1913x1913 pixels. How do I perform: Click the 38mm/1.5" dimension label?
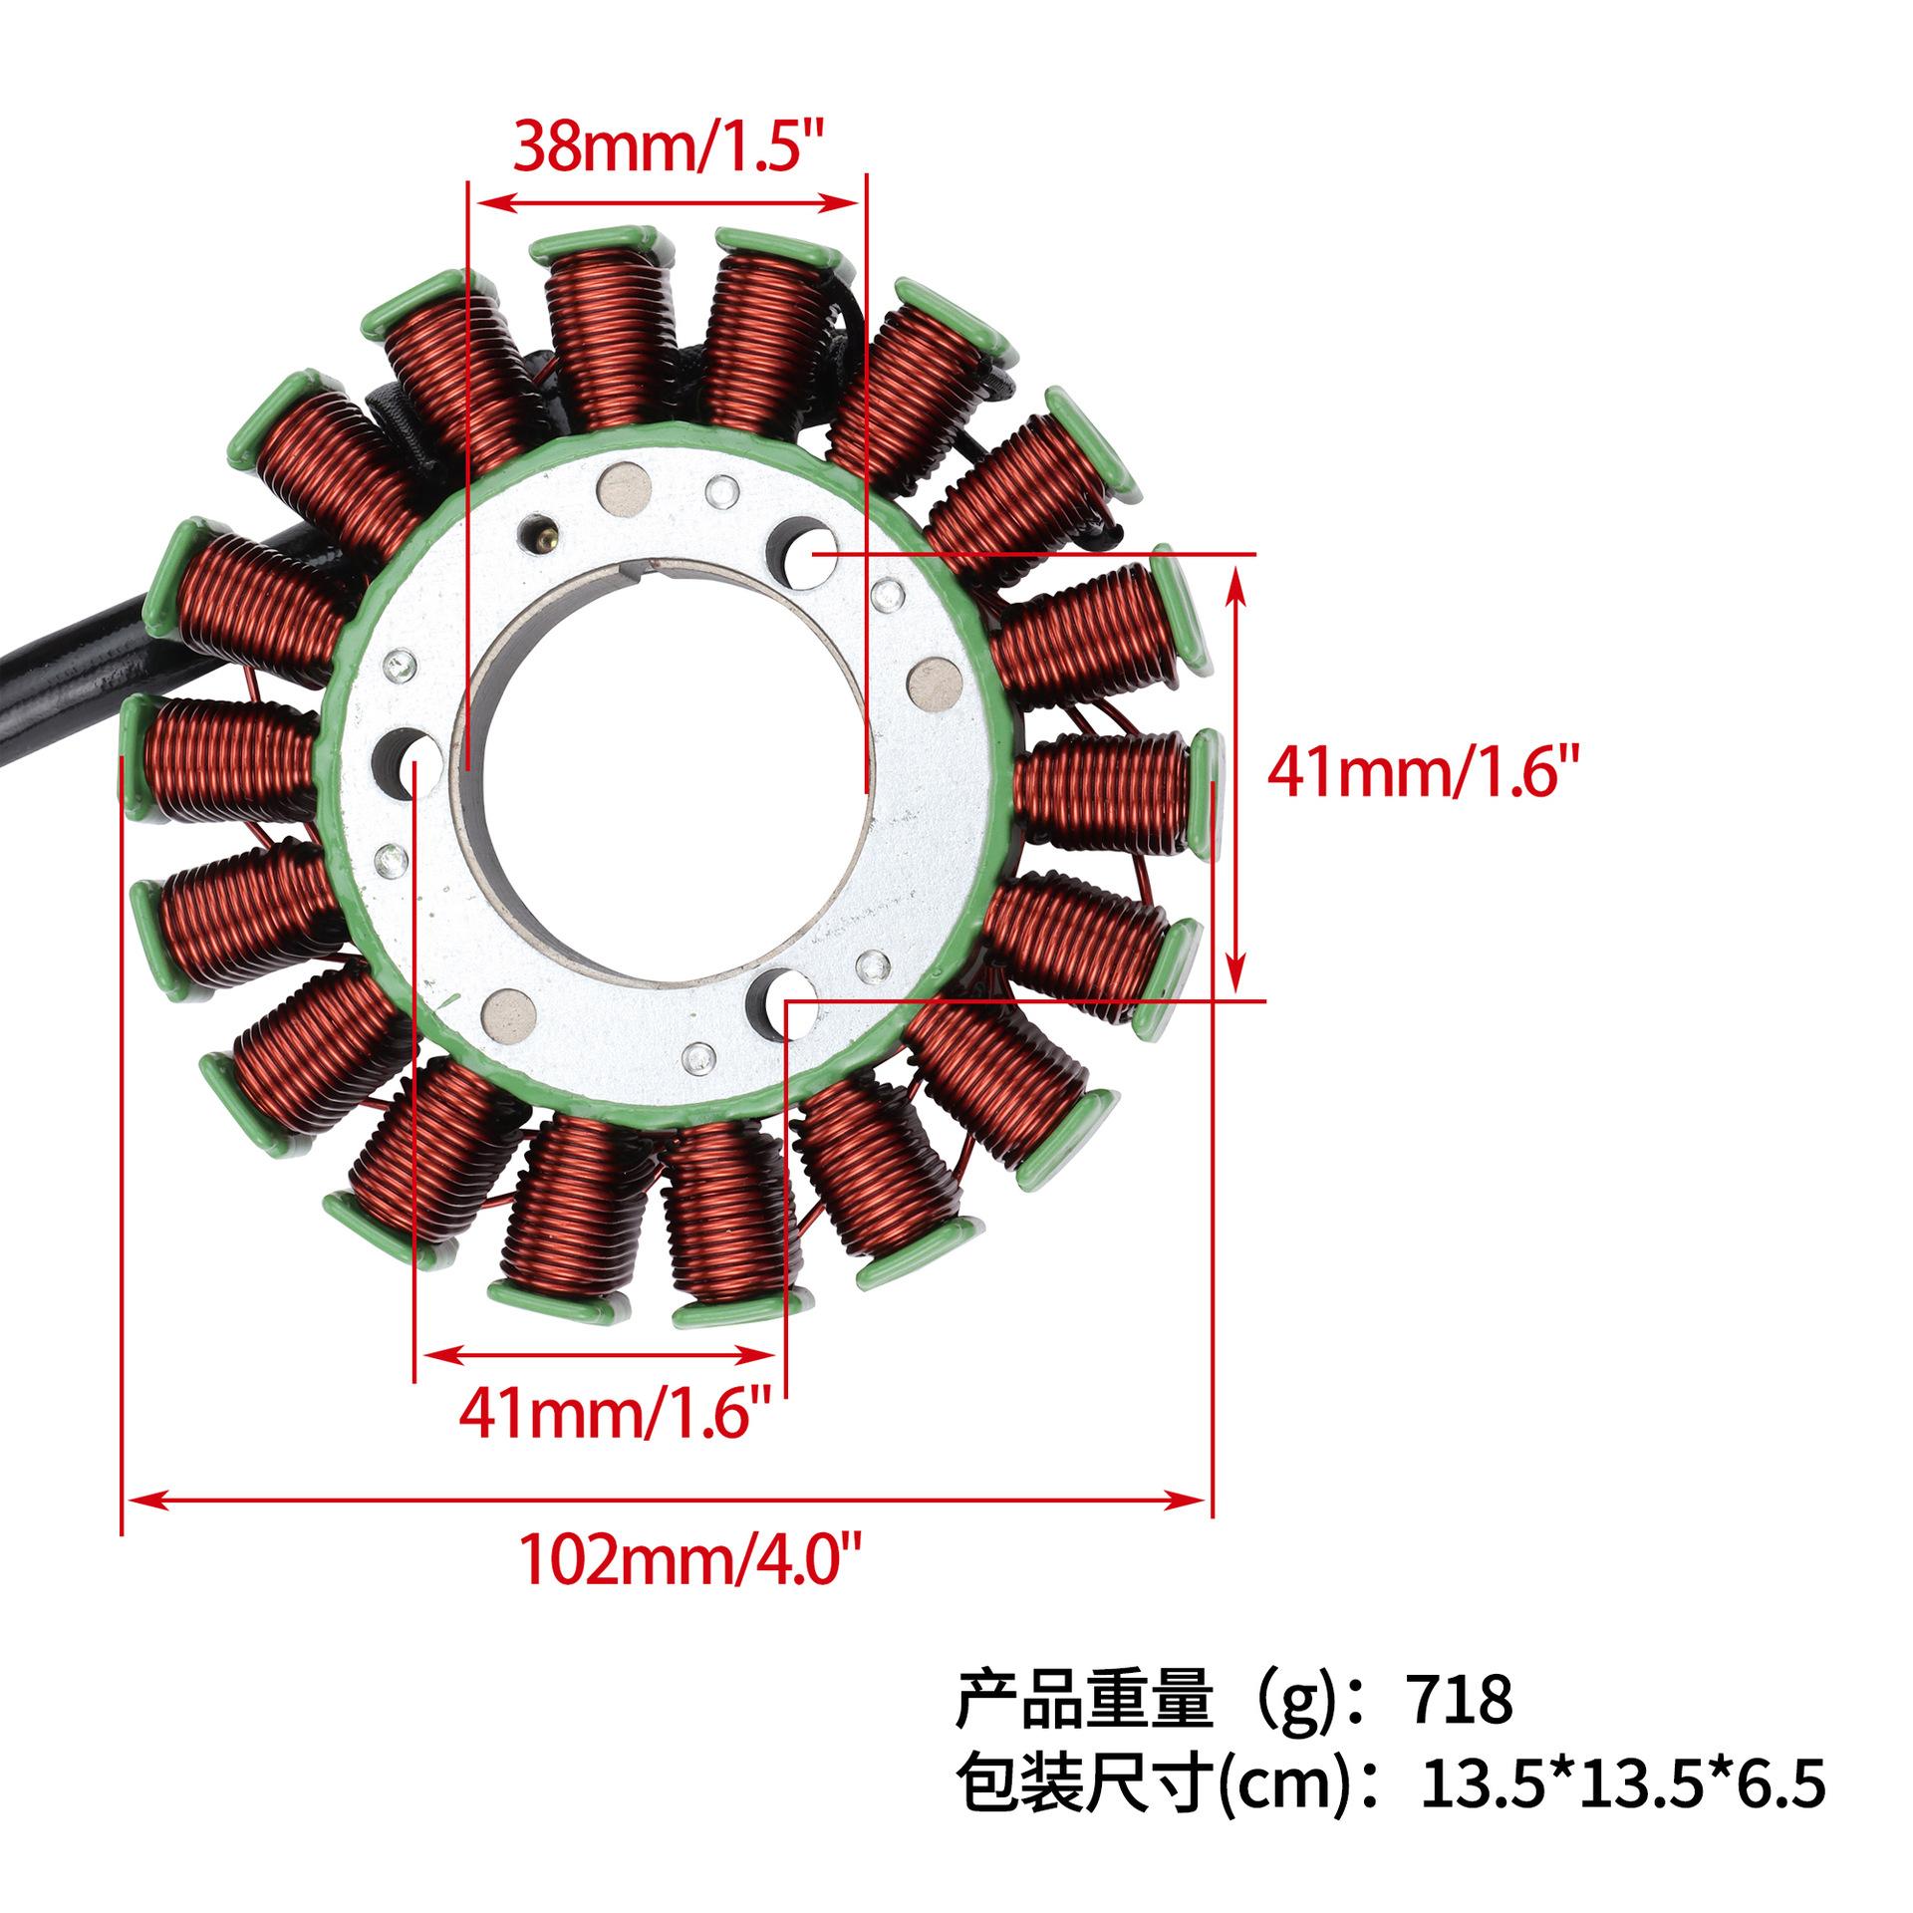(672, 146)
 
